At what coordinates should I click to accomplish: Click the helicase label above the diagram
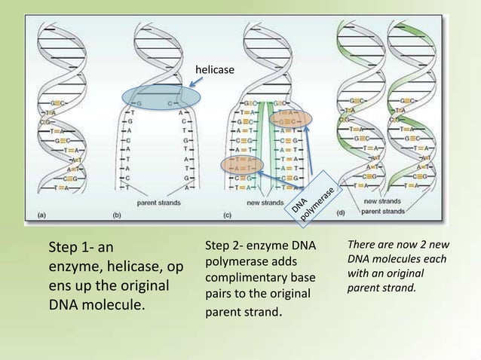point(214,70)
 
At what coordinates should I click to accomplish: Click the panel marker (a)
point(41,215)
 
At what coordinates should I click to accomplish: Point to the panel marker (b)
point(117,215)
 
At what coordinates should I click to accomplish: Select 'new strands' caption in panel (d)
point(382,202)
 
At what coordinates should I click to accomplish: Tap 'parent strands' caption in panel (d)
point(382,211)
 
